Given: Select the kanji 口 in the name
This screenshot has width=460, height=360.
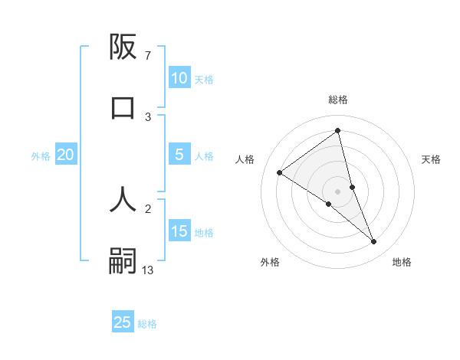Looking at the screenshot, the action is (x=123, y=107).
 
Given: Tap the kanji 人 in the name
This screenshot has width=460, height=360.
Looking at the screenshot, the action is (x=123, y=198).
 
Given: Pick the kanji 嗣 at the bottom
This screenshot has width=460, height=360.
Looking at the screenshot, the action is (x=123, y=260).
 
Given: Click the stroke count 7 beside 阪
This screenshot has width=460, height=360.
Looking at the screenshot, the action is (x=147, y=56).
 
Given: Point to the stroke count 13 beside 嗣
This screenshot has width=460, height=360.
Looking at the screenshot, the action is (x=148, y=270).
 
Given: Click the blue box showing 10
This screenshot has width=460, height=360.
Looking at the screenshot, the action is (x=179, y=77).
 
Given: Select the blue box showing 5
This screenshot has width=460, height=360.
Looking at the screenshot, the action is (x=179, y=155).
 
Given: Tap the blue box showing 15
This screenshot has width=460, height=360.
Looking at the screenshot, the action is (x=179, y=231).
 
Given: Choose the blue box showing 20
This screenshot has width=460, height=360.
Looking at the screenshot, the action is (x=65, y=155).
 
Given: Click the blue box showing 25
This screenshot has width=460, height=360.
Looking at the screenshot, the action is (x=123, y=322).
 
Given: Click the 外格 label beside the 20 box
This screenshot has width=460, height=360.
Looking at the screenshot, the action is (x=41, y=156).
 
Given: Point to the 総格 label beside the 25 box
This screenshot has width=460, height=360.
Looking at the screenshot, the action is (x=147, y=324).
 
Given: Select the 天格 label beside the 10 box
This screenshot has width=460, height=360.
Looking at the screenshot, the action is (x=204, y=79).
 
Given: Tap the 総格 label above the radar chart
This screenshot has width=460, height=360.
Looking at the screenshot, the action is (x=338, y=100).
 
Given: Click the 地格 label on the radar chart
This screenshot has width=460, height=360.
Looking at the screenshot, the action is (x=402, y=262).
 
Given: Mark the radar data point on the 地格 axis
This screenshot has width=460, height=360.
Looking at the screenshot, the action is (x=374, y=242).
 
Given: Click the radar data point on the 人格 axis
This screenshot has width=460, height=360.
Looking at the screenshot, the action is (x=280, y=172).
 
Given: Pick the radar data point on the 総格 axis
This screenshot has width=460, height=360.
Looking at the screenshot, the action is (x=338, y=130).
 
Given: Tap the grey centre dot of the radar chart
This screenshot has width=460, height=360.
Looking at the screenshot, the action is (x=338, y=191).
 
